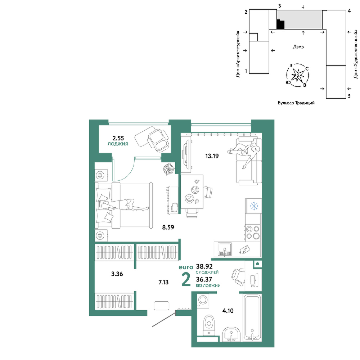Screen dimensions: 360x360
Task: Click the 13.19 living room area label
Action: point(212,156)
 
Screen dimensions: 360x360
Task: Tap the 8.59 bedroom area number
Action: point(168,227)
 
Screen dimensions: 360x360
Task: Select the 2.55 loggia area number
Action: point(118,138)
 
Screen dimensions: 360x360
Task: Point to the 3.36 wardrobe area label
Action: point(117,274)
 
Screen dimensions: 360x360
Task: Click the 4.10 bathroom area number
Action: point(228,311)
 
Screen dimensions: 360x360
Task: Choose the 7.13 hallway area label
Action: point(163,282)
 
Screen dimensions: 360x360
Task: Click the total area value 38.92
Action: point(204,266)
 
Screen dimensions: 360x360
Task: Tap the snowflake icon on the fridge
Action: point(254,206)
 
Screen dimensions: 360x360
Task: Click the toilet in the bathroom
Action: point(209,325)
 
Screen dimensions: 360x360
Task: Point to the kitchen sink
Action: point(225,250)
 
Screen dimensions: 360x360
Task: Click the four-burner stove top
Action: point(253,232)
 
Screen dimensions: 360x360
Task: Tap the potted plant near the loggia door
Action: point(169,169)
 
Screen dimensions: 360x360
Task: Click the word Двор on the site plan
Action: point(298,47)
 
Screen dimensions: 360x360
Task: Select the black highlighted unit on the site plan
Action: point(280,24)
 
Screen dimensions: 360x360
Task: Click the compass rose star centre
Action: point(298,75)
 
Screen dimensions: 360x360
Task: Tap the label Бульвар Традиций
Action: point(296,103)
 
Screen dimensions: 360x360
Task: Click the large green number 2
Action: point(186,280)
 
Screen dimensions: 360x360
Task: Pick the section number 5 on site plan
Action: point(349,96)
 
